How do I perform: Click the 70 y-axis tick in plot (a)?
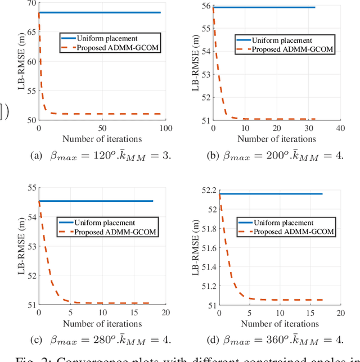30,4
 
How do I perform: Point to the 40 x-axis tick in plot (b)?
339,129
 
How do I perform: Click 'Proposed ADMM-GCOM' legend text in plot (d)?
294,231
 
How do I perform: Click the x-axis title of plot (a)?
102,139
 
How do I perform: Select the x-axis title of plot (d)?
279,323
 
